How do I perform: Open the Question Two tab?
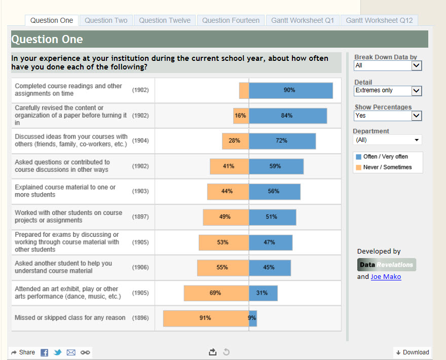pyautogui.click(x=106, y=20)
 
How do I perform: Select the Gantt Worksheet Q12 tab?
pyautogui.click(x=379, y=20)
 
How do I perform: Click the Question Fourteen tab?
pyautogui.click(x=231, y=20)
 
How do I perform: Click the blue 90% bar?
pyautogui.click(x=290, y=90)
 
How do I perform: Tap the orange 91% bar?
pyautogui.click(x=206, y=318)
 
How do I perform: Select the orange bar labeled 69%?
pyautogui.click(x=216, y=293)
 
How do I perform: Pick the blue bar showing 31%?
pyautogui.click(x=263, y=293)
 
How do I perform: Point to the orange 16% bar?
pyautogui.click(x=241, y=116)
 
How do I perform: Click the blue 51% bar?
pyautogui.click(x=272, y=217)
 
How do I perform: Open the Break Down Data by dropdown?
pyautogui.click(x=388, y=65)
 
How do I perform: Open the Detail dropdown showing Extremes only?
pyautogui.click(x=388, y=91)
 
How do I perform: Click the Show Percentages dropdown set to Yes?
pyautogui.click(x=388, y=116)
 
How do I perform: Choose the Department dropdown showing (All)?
pyautogui.click(x=388, y=140)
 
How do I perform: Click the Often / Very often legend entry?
pyautogui.click(x=385, y=157)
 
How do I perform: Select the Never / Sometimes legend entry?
pyautogui.click(x=387, y=167)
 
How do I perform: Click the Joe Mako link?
pyautogui.click(x=386, y=277)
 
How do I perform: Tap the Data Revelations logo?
pyautogui.click(x=386, y=265)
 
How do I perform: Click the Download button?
pyautogui.click(x=412, y=352)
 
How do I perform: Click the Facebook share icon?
pyautogui.click(x=45, y=352)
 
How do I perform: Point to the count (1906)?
pyautogui.click(x=140, y=267)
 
